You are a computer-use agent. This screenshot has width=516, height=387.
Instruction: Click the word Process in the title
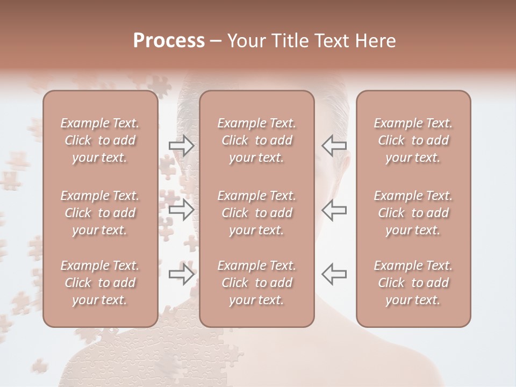coord(169,41)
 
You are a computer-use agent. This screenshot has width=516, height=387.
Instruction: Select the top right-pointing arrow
coord(181,146)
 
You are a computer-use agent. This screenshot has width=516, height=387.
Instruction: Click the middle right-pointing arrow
coord(181,210)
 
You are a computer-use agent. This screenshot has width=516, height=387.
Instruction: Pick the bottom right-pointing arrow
coord(181,274)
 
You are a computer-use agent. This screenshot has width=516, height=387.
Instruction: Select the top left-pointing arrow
coord(334,146)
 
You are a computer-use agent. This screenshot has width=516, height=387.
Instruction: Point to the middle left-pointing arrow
coord(334,210)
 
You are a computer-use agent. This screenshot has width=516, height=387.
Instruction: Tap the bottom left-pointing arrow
coord(334,274)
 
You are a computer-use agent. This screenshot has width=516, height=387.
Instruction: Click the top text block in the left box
coord(100,140)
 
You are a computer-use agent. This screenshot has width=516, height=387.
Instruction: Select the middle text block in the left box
coord(100,213)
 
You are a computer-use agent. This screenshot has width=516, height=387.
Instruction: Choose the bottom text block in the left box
coord(100,283)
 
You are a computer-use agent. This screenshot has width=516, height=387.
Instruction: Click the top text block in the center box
coord(257,140)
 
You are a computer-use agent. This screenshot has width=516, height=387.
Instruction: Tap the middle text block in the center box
coord(257,213)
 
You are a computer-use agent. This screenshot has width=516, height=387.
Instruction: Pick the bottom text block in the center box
coord(257,283)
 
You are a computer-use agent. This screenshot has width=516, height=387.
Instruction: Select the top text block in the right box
coord(413,140)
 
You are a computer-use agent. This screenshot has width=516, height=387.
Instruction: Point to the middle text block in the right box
coord(413,213)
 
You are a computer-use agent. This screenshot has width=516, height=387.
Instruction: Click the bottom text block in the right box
coord(413,283)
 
